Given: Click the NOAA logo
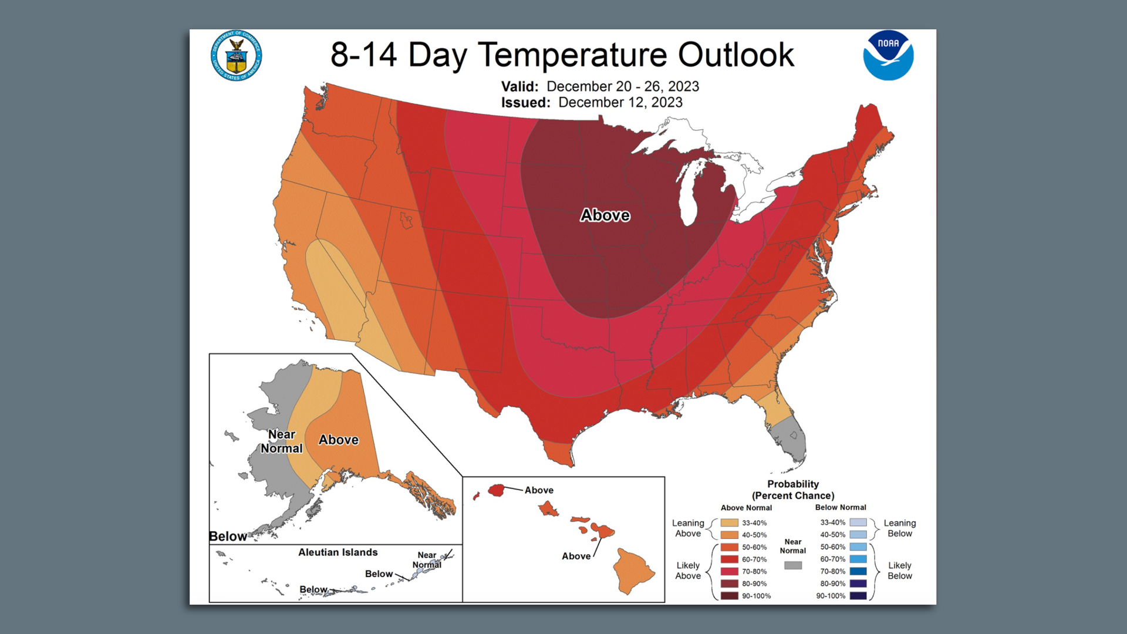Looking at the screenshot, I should click(x=888, y=56).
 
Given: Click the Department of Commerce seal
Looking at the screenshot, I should click(x=236, y=56).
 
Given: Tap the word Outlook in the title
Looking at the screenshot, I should click(x=735, y=55).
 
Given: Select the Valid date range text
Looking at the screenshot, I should click(x=622, y=86).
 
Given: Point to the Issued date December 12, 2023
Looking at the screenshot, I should click(x=620, y=102).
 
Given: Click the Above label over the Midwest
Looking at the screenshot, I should click(x=605, y=215).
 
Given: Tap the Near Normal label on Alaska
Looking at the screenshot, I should click(x=282, y=441).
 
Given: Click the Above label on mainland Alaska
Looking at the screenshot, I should click(x=339, y=440).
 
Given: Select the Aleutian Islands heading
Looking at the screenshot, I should click(x=338, y=552).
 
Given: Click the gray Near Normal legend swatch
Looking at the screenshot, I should click(x=793, y=565).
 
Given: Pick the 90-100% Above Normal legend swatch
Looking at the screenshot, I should click(x=730, y=596).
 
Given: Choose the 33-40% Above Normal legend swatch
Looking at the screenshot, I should click(x=730, y=522).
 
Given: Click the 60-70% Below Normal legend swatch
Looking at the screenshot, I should click(x=858, y=559).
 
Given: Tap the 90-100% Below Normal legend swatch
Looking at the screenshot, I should click(x=858, y=596).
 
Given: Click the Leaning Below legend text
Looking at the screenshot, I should click(x=900, y=528).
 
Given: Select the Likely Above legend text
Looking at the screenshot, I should click(x=688, y=571).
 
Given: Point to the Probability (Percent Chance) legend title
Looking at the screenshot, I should click(x=793, y=490).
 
